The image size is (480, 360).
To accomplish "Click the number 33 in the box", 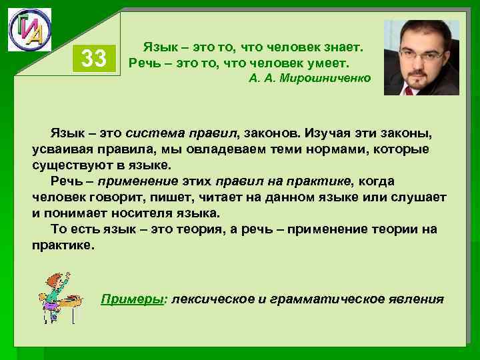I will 93,59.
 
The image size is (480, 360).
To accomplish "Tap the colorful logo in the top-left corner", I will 29,30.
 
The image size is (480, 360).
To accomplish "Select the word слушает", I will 417,198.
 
